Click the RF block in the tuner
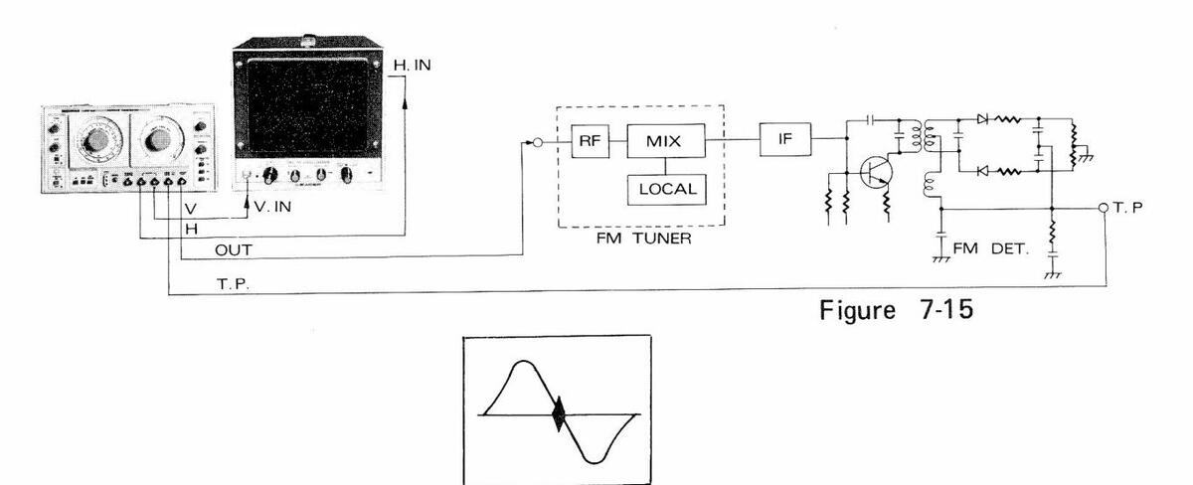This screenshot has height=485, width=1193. [x=586, y=142]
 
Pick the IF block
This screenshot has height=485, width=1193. [x=783, y=142]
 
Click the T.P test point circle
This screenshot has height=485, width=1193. [x=1104, y=208]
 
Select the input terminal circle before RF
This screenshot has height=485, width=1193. [x=536, y=142]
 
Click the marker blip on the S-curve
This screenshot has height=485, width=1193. [x=558, y=413]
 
